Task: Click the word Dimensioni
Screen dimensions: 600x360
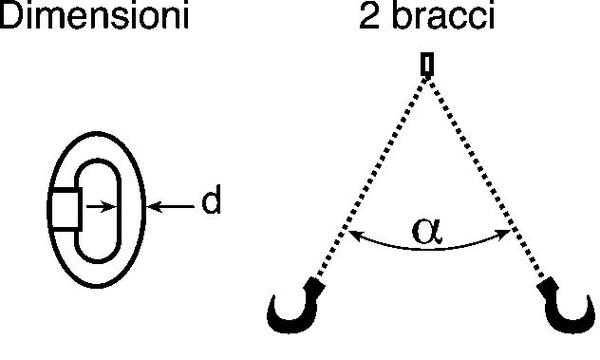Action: [x=94, y=14]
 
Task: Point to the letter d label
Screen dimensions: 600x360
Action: [x=212, y=199]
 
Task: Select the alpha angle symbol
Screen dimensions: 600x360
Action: [x=427, y=232]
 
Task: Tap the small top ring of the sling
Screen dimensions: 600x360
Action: [x=427, y=65]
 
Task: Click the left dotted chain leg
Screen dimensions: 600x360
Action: [x=371, y=177]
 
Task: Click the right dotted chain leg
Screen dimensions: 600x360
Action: [x=486, y=177]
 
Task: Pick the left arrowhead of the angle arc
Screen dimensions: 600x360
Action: [x=354, y=236]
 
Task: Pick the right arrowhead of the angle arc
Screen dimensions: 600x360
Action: [x=503, y=235]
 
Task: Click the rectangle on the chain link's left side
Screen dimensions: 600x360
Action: [x=66, y=210]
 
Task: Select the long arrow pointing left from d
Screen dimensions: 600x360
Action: [x=171, y=206]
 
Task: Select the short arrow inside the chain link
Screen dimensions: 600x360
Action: [x=101, y=207]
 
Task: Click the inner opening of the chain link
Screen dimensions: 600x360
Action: [x=99, y=211]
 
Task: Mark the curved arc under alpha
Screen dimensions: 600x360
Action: [x=428, y=248]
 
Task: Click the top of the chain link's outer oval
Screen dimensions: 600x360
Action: [x=97, y=133]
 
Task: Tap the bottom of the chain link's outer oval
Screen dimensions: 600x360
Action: [x=97, y=286]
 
